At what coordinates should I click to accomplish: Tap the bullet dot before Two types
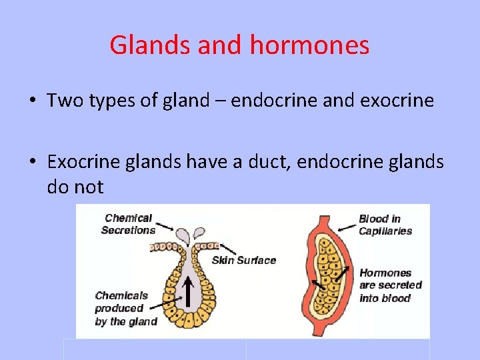point(32,101)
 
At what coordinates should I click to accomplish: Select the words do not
point(75,187)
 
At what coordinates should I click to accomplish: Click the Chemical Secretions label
point(128,224)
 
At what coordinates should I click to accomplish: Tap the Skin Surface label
point(243,260)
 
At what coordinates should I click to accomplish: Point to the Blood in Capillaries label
point(385,225)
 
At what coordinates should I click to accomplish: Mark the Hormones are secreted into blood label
point(390,285)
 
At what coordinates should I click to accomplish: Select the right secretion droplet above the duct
point(199,233)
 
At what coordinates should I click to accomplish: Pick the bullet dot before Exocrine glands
point(32,162)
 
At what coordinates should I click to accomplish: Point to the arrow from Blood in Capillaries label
point(346,227)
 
